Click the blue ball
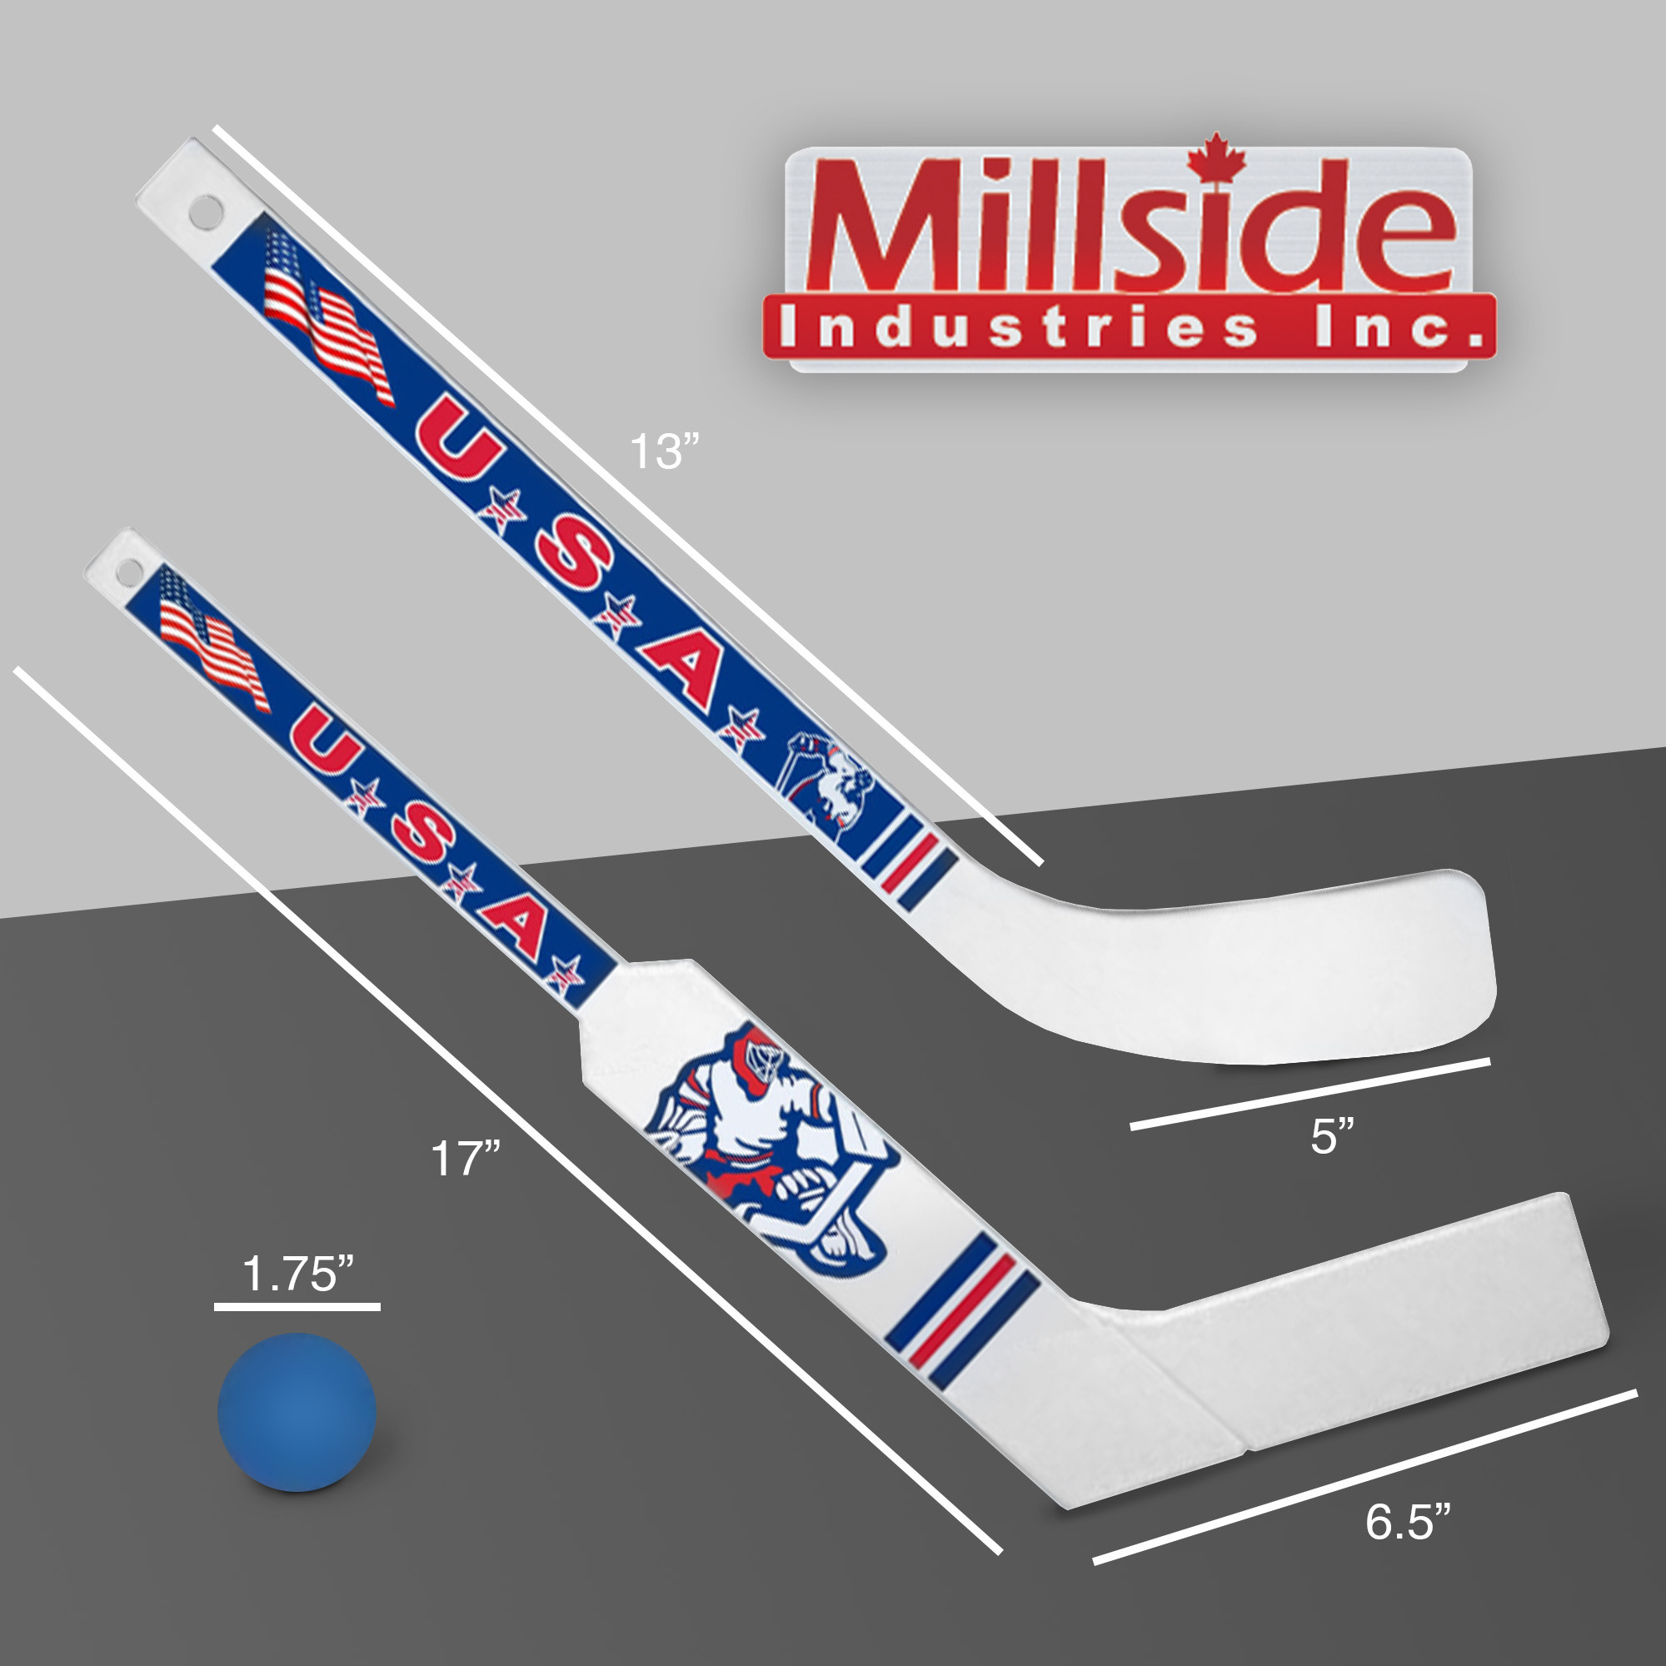click(297, 1412)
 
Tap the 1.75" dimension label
click(298, 1274)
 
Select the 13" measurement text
click(663, 451)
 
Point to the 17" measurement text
click(466, 1158)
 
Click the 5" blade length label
click(1333, 1136)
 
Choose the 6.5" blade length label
click(1408, 1521)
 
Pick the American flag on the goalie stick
click(212, 640)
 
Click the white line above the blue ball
click(297, 1307)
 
